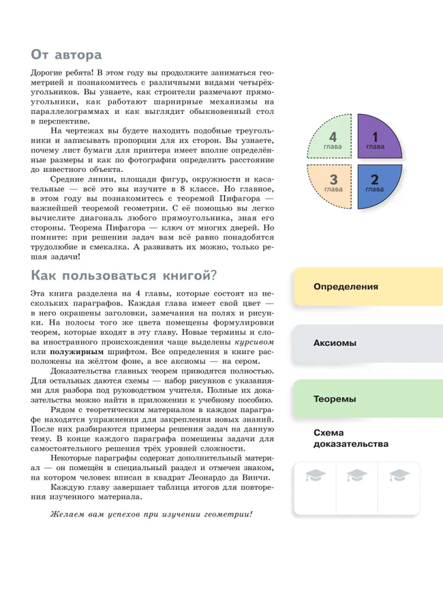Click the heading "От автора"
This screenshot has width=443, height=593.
tap(66, 54)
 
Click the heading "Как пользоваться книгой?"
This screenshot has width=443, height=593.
tap(123, 275)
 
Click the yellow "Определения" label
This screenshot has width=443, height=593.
tap(346, 287)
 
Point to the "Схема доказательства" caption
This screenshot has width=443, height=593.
tap(350, 439)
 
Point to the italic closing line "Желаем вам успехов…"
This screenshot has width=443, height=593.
tap(151, 513)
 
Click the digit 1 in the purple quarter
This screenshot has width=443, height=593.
tap(375, 137)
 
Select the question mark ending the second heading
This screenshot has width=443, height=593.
tap(213, 275)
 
